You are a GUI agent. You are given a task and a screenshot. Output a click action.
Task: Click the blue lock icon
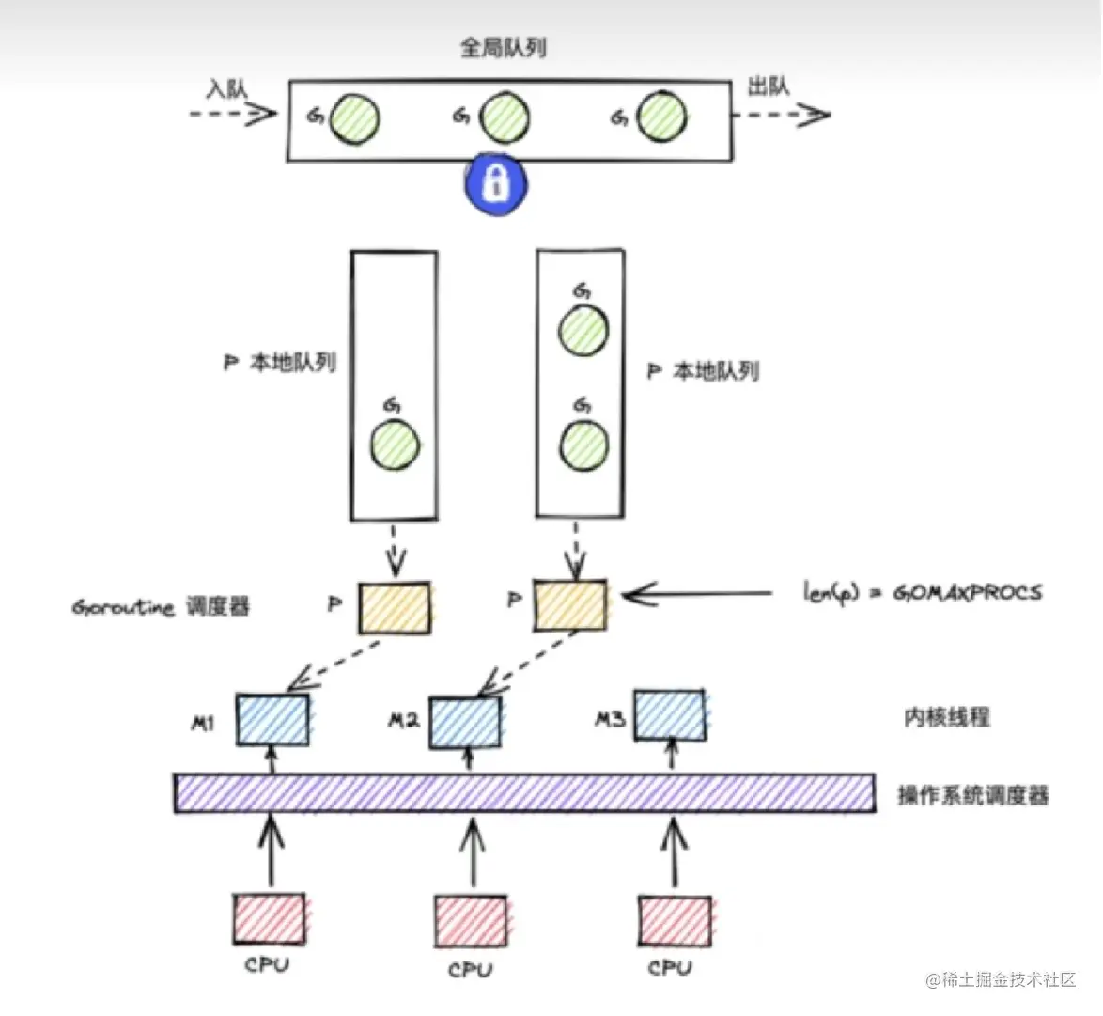pos(495,182)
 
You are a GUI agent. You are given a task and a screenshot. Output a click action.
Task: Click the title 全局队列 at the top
pos(504,47)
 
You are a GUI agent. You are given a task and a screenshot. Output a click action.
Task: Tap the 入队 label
pos(226,88)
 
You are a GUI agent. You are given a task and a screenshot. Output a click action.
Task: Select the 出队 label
pos(768,86)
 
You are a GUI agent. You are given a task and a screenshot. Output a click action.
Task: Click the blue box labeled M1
pos(272,720)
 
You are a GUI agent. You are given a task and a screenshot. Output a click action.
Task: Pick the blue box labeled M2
pos(465,722)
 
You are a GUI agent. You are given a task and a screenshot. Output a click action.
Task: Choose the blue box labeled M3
pos(670,716)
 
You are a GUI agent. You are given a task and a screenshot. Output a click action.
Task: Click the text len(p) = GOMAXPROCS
pos(922,592)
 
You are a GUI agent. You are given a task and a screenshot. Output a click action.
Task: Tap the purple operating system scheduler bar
pos(524,793)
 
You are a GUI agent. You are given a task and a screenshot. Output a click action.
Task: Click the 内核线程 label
pos(946,717)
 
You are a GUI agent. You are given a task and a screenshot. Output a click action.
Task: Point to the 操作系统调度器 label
pos(972,795)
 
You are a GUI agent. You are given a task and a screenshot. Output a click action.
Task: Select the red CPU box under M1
pos(269,918)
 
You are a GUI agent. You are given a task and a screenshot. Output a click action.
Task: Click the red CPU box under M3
pos(675,921)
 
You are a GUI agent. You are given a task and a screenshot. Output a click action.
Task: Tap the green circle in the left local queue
pos(395,445)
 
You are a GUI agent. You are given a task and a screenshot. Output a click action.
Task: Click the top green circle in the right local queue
pos(583,330)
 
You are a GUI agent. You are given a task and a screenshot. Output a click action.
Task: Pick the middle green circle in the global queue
pos(504,118)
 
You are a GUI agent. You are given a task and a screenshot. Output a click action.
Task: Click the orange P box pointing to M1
pos(394,607)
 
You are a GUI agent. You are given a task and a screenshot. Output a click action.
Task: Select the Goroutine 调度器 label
pos(161,606)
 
